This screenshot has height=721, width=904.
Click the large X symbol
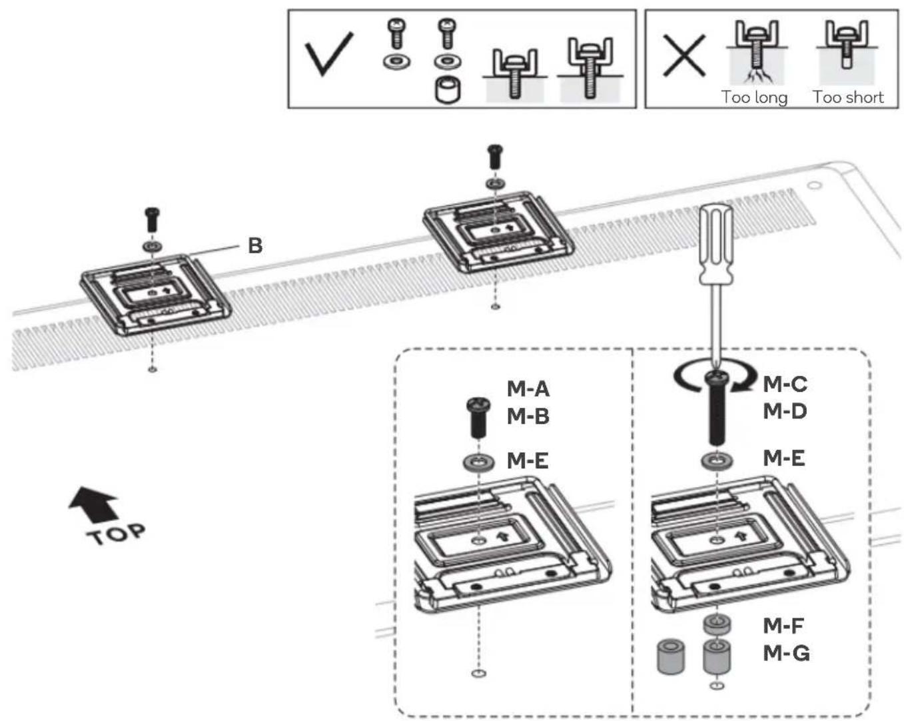[684, 55]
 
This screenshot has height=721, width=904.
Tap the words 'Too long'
[755, 97]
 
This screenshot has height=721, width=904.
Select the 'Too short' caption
[848, 97]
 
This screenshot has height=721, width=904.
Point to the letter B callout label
[255, 245]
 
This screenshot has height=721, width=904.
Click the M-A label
[528, 388]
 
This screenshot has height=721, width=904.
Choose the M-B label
[528, 416]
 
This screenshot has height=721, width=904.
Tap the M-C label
[785, 384]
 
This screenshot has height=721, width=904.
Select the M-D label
[785, 410]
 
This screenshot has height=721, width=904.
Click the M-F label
[783, 626]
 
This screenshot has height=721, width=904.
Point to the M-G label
[786, 653]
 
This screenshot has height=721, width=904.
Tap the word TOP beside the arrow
[116, 534]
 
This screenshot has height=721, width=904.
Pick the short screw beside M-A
[478, 416]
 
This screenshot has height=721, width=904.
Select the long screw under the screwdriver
[717, 409]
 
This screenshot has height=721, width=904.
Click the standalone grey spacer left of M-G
[670, 656]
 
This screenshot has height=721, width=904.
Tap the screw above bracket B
[152, 219]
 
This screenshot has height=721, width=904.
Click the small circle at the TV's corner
[815, 185]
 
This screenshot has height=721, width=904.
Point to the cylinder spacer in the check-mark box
[448, 90]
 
